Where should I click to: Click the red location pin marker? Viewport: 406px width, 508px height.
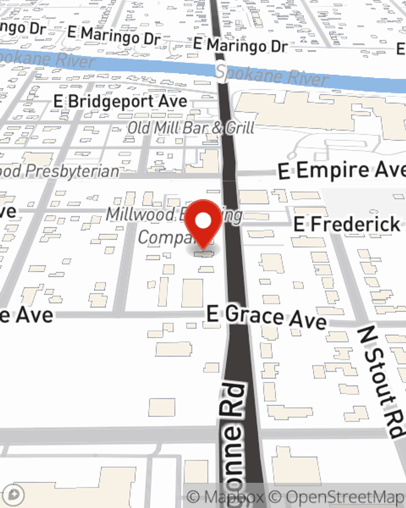click(203, 223)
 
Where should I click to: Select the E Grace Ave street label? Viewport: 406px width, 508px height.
click(266, 317)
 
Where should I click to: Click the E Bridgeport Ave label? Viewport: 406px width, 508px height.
click(120, 102)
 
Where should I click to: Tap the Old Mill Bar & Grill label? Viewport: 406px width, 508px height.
click(191, 128)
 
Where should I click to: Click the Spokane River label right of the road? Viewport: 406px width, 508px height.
click(271, 75)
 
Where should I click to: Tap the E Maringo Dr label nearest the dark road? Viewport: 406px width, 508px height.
click(240, 45)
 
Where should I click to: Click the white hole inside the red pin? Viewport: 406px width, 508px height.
click(203, 221)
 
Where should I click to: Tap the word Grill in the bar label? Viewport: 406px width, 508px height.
click(240, 128)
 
